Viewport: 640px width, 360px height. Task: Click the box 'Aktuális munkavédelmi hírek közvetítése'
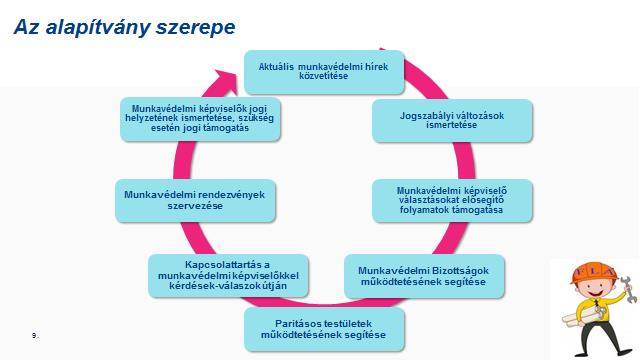click(323, 71)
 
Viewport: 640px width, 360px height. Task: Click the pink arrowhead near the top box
click(236, 71)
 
